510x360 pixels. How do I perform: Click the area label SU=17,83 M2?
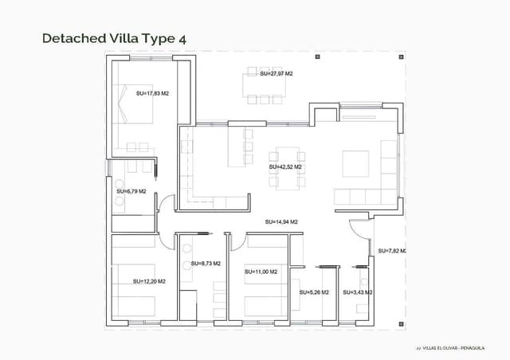click(x=153, y=93)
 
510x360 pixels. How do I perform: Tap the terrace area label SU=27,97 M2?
click(x=277, y=73)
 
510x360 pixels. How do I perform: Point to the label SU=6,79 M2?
click(x=131, y=191)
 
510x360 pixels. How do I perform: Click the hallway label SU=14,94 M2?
click(x=281, y=221)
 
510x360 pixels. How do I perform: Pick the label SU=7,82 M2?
click(x=391, y=251)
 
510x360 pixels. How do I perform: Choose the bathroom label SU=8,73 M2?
click(x=206, y=263)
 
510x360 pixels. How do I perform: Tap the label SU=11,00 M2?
click(x=261, y=272)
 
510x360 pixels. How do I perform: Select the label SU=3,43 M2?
click(x=358, y=292)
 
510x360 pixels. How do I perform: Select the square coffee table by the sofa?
click(x=355, y=162)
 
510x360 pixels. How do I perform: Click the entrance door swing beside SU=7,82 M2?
click(x=361, y=232)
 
